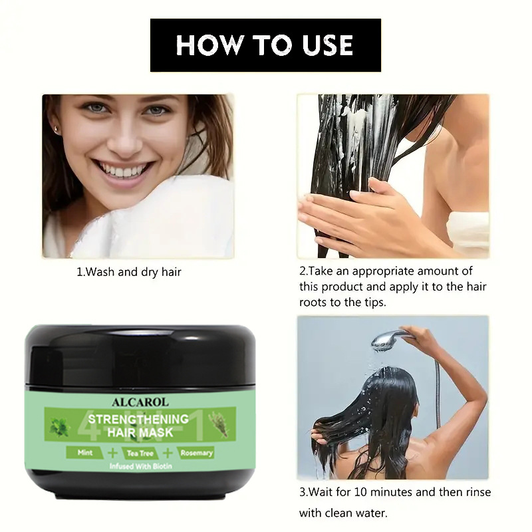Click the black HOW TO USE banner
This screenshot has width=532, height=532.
coord(265,45)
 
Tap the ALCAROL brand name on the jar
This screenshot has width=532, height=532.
coord(140,402)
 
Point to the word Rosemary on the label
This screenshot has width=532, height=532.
coord(197,453)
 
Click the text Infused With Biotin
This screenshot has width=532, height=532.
coord(140,466)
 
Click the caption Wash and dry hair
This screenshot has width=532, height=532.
coord(129,272)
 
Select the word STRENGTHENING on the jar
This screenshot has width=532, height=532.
coord(138,419)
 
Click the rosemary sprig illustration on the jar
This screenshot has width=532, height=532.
coord(217,423)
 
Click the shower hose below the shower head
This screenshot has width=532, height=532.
coord(438,386)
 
